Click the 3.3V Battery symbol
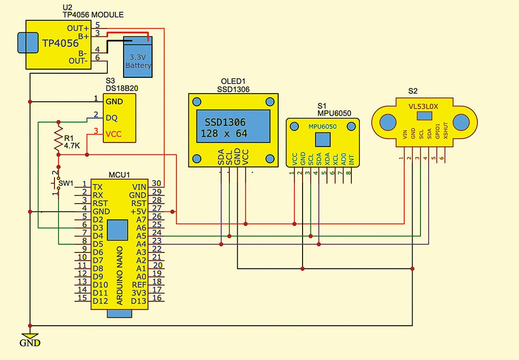pyautogui.click(x=138, y=57)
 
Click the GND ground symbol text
pyautogui.click(x=30, y=343)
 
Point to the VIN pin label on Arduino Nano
pyautogui.click(x=140, y=186)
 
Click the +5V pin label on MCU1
pyautogui.click(x=139, y=211)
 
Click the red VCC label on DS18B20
pyautogui.click(x=114, y=134)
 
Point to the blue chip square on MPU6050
pyautogui.click(x=322, y=139)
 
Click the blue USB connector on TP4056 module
pyautogui.click(x=25, y=43)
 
